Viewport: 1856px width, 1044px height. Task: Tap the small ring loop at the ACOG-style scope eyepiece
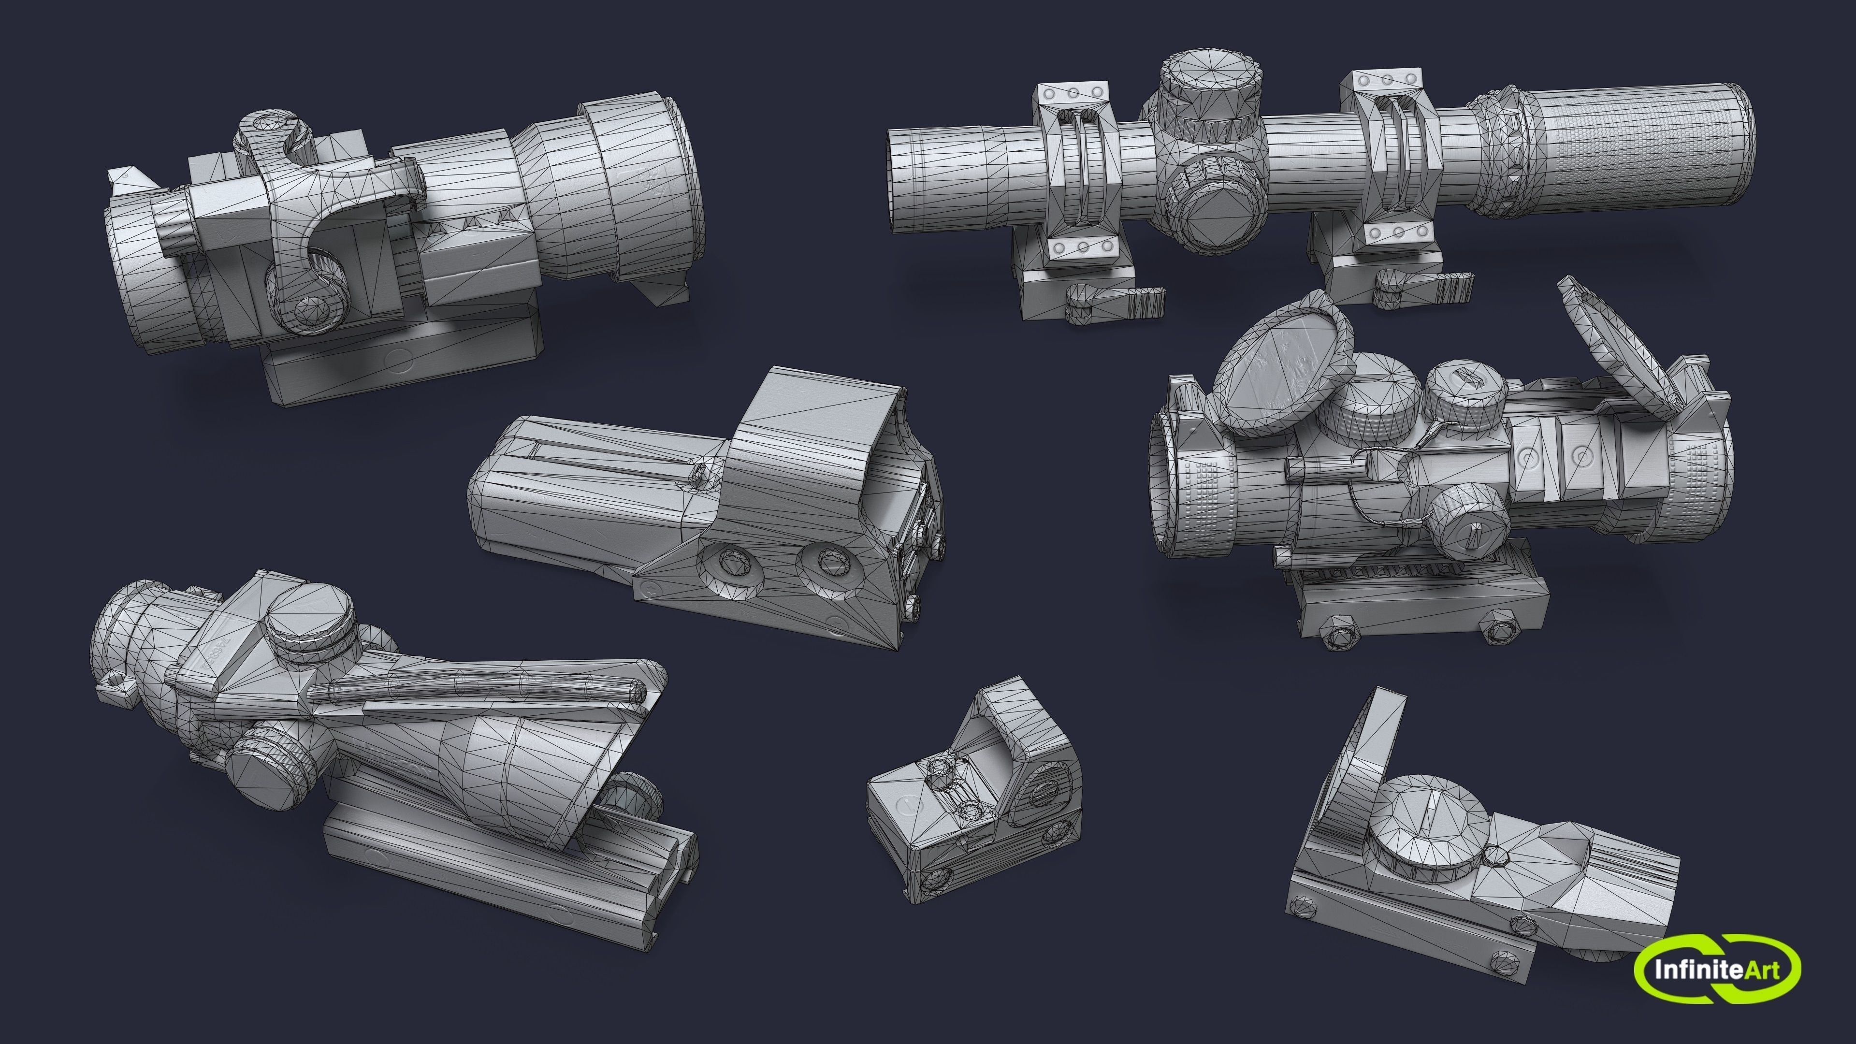[x=116, y=680]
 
